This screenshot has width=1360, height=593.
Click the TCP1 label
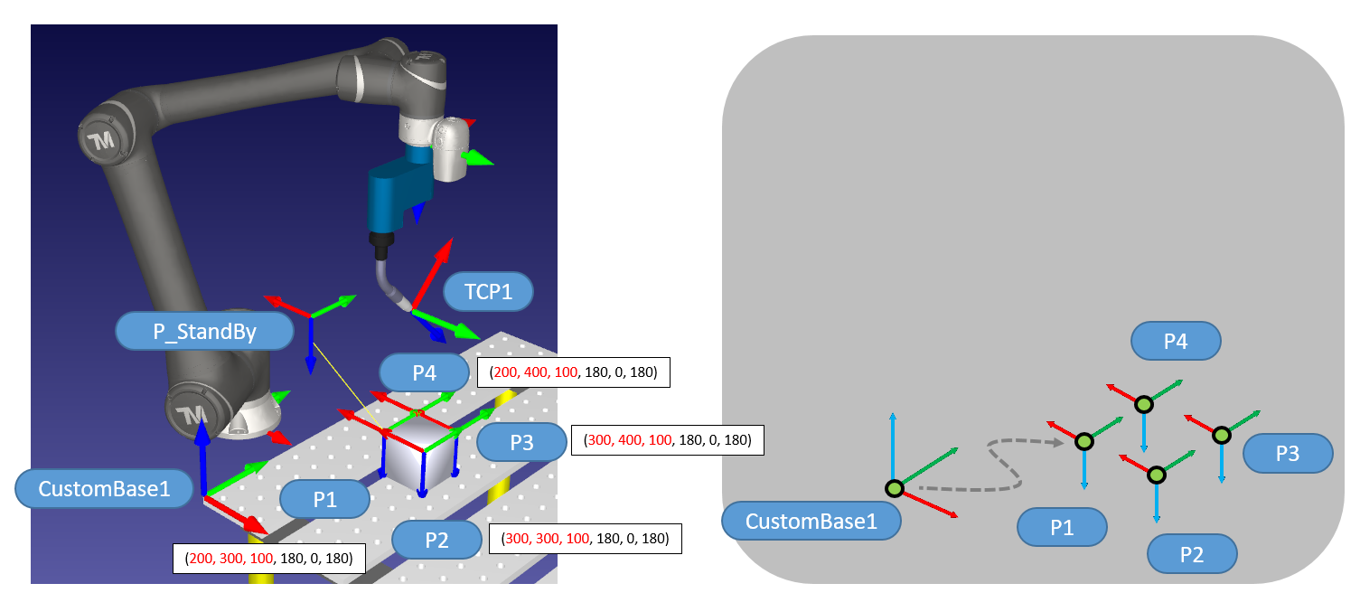point(489,292)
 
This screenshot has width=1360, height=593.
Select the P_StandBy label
point(204,332)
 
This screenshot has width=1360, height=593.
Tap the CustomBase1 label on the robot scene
point(104,489)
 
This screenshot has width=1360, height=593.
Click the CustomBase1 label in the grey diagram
point(811,521)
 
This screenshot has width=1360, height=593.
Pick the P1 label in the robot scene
point(324,499)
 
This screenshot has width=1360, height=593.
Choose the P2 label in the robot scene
point(436,540)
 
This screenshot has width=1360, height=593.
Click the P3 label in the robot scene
point(521,441)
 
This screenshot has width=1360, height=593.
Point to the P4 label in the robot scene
point(424,372)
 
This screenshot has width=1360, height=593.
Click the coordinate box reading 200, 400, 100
point(572,372)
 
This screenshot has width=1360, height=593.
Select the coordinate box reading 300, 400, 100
point(668,441)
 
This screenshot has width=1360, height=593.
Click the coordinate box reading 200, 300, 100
point(268,559)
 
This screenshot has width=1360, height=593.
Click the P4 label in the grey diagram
point(1175,341)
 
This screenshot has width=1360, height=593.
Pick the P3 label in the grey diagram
point(1287,453)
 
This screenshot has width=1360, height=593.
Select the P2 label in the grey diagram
point(1191,554)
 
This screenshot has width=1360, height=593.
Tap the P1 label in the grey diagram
point(1062,527)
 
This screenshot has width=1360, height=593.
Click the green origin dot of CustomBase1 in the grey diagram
point(895,489)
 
